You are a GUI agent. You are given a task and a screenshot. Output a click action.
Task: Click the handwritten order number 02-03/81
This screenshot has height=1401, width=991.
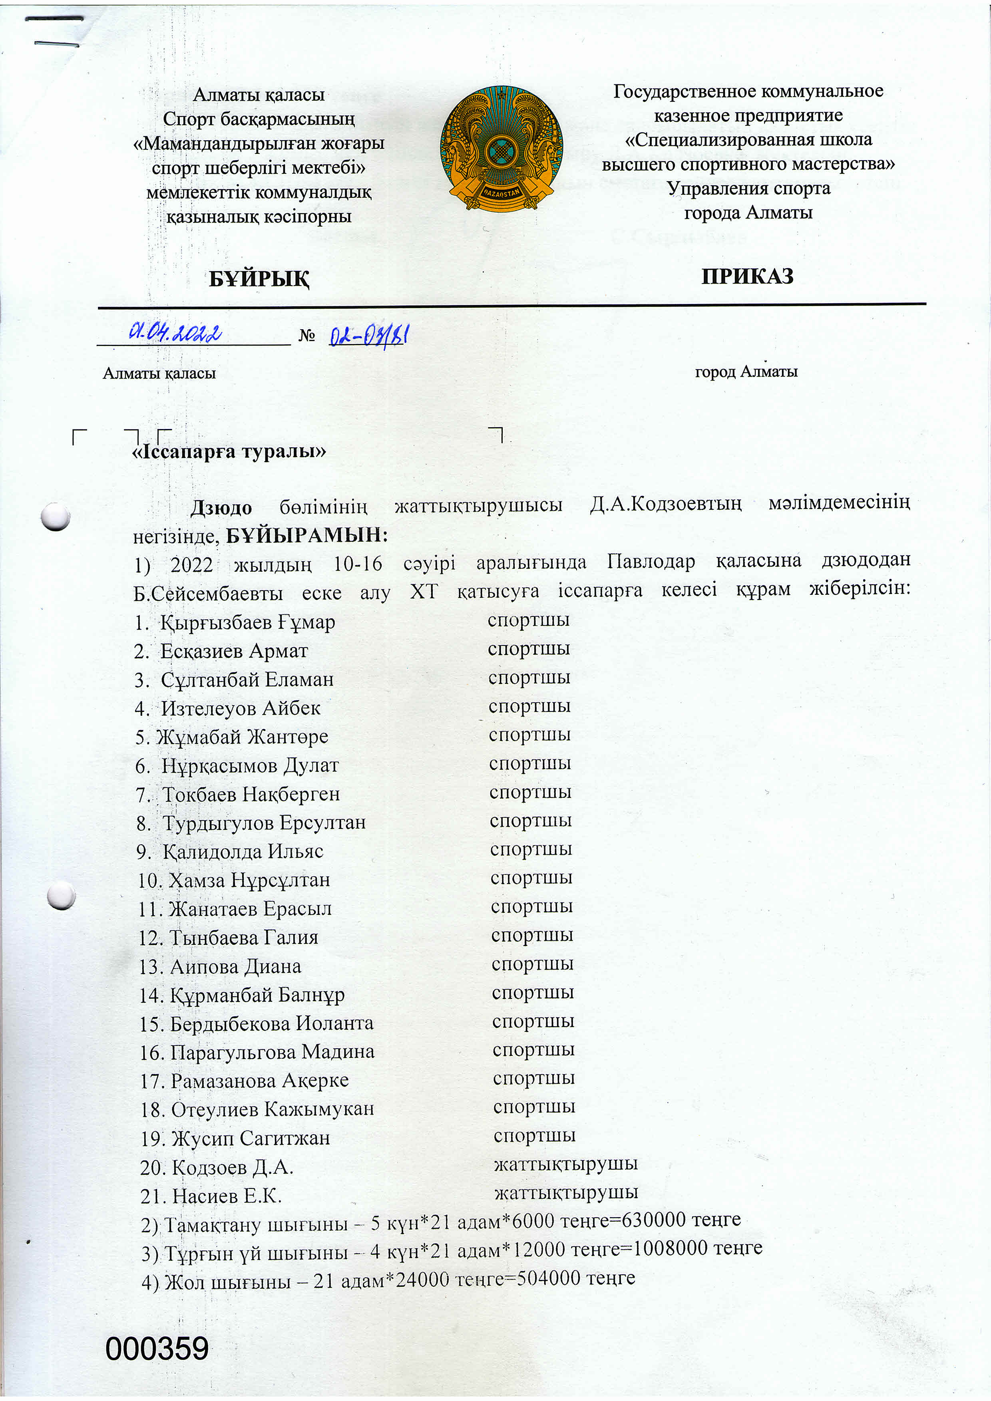368,335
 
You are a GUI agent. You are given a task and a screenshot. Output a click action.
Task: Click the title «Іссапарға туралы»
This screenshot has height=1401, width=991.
229,451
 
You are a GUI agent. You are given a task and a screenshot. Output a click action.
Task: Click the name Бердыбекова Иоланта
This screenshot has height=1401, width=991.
272,1023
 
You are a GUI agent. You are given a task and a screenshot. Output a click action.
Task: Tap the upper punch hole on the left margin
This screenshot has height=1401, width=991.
56,516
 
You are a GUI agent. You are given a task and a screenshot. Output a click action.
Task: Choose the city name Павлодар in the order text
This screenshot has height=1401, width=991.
651,561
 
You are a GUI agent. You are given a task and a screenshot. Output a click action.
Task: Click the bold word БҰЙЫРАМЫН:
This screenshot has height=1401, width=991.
307,535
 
